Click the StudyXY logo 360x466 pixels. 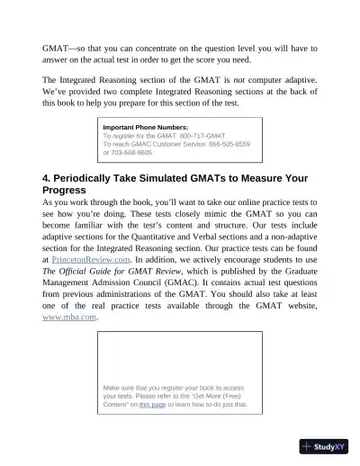326,446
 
